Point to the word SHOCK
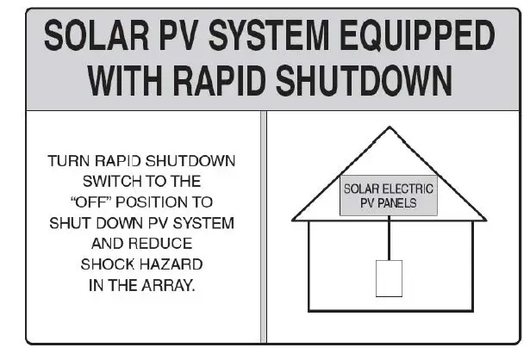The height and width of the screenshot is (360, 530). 106,264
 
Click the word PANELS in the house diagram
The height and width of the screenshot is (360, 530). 402,203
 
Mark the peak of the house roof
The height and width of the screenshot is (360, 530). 390,127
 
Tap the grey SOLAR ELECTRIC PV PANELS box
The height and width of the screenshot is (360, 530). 389,196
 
